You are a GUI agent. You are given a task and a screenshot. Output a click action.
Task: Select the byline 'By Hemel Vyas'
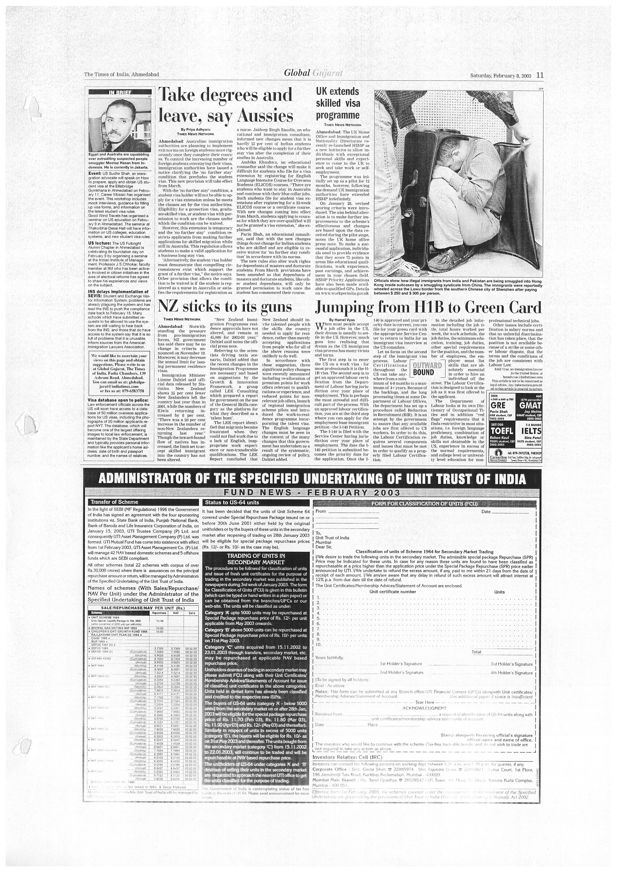342,320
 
